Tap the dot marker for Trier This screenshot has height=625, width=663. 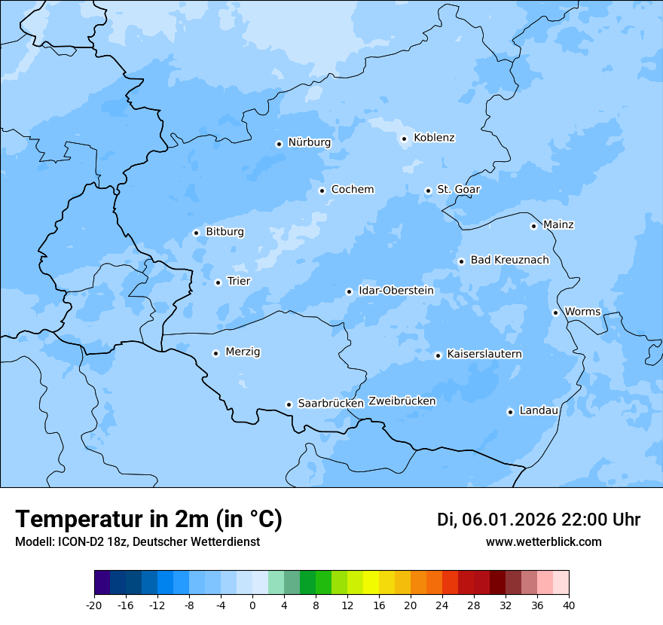click(218, 282)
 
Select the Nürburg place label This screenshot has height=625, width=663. click(309, 142)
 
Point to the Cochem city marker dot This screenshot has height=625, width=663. click(322, 191)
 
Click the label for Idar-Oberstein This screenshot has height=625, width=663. click(396, 291)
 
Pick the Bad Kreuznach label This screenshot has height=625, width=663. click(509, 260)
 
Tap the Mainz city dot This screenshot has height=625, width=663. click(533, 226)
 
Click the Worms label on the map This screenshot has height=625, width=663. click(582, 312)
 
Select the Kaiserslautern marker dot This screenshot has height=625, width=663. click(438, 355)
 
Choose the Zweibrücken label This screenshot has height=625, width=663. click(402, 401)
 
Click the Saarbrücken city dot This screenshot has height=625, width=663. click(289, 404)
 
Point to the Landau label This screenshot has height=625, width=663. click(539, 410)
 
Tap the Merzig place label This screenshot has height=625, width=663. click(243, 352)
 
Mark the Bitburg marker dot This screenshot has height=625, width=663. click(196, 233)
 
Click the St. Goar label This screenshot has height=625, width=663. click(458, 189)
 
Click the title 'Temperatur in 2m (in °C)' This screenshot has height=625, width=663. click(148, 520)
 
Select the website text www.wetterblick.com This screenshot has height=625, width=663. click(543, 541)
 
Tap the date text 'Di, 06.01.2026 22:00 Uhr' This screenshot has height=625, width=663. click(538, 520)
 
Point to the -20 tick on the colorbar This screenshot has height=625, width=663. click(94, 605)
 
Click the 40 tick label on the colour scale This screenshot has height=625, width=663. click(569, 605)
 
